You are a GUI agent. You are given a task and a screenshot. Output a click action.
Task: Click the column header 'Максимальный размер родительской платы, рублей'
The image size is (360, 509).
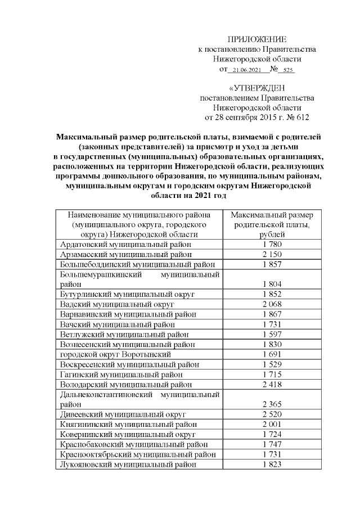(x=272, y=225)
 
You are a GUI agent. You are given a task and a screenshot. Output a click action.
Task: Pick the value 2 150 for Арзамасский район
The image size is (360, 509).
(x=272, y=255)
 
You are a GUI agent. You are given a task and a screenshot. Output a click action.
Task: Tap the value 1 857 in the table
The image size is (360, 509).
(x=272, y=264)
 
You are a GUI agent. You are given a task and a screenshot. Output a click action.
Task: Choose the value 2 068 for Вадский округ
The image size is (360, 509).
(x=272, y=304)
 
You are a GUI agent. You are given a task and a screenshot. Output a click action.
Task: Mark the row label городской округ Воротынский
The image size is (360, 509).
(x=115, y=354)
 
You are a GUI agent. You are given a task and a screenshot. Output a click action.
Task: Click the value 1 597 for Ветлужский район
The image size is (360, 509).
(x=272, y=334)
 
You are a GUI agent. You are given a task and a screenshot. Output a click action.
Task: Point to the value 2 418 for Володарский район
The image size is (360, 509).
(x=272, y=384)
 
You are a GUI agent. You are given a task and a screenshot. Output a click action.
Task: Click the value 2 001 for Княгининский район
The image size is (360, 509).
(x=272, y=424)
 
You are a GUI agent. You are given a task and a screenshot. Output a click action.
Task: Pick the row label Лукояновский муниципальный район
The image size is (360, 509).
(x=128, y=465)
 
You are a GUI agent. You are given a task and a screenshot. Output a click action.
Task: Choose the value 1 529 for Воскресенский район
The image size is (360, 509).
(x=272, y=364)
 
